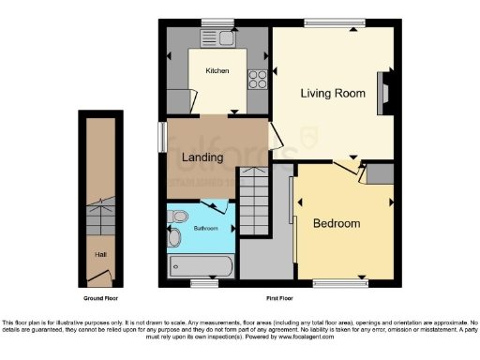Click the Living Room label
pyautogui.click(x=332, y=93)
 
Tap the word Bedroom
pyautogui.click(x=337, y=223)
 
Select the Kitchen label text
pyautogui.click(x=217, y=70)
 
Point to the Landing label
pyautogui.click(x=202, y=157)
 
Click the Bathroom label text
pyautogui.click(x=205, y=228)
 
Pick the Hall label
pyautogui.click(x=99, y=253)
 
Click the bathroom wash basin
pyautogui.click(x=174, y=238)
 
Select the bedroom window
pyautogui.click(x=338, y=281)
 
